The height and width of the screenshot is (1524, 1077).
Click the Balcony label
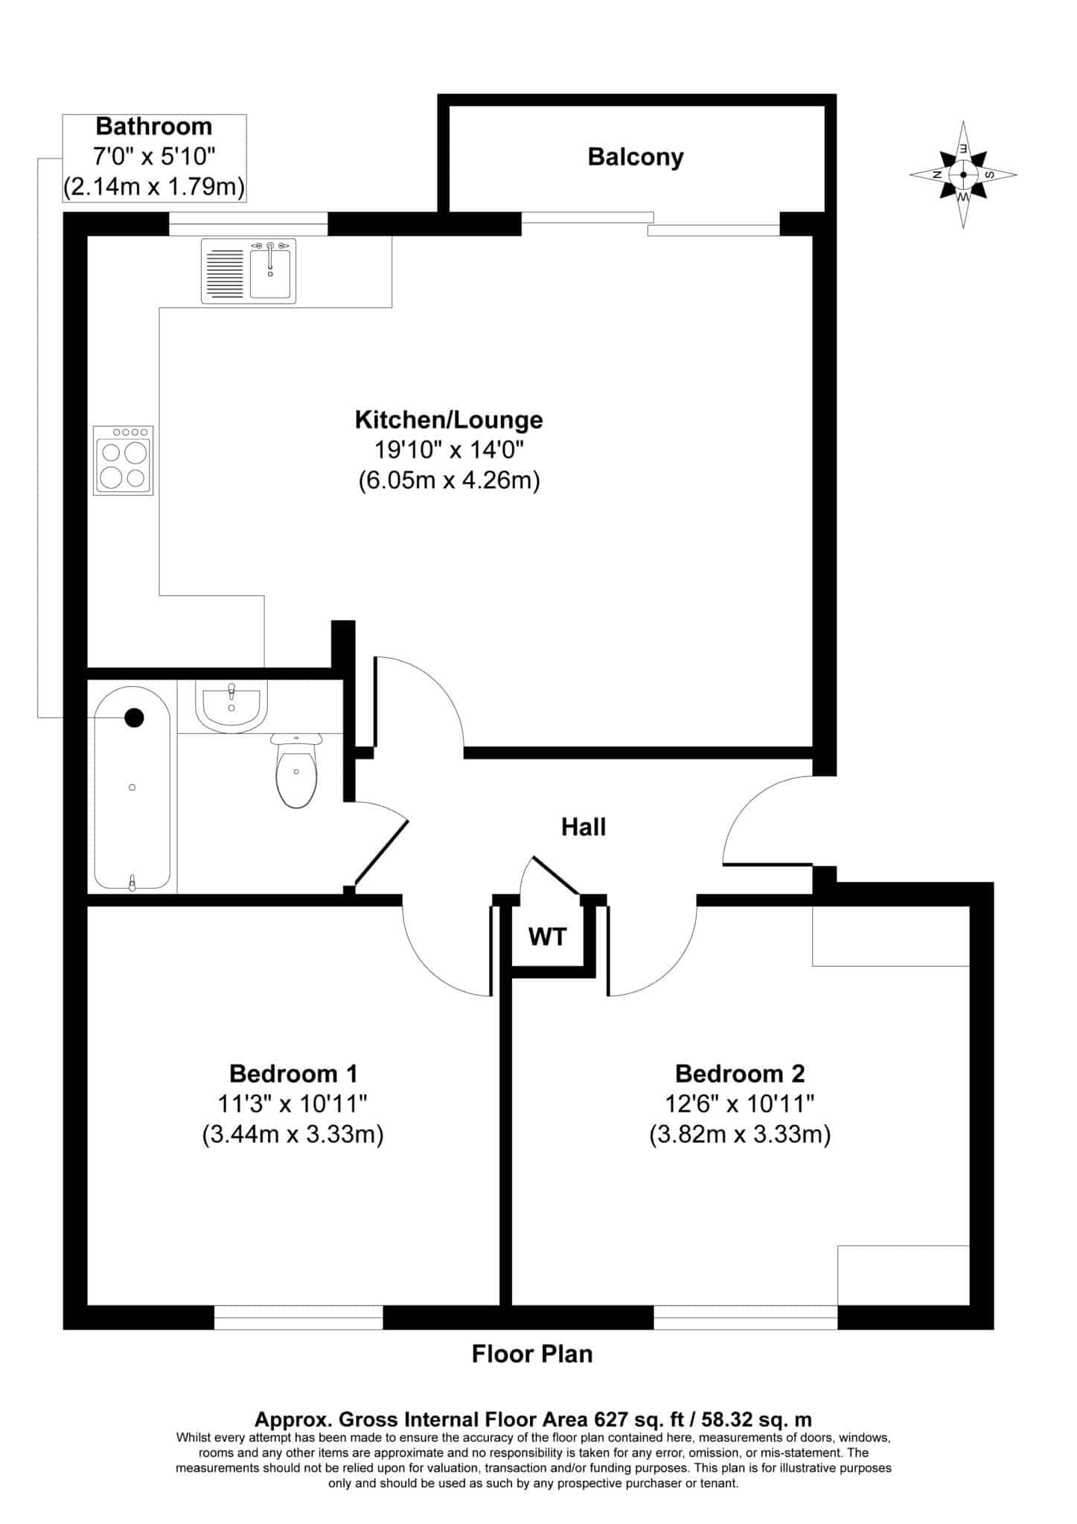635,158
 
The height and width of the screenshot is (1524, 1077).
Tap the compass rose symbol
963,175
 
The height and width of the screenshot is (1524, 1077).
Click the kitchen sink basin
269,273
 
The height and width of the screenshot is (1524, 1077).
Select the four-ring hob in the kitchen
123,461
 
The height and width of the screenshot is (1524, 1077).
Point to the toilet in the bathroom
296,770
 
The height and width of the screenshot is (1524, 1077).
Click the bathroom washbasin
231,707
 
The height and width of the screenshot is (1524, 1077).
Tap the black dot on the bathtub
134,717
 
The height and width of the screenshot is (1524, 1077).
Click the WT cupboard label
548,936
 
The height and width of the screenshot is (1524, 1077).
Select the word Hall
584,827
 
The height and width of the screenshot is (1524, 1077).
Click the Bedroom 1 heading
293,1074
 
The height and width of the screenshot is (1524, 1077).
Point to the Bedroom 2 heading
740,1074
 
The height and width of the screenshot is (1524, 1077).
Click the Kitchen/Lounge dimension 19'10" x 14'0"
449,450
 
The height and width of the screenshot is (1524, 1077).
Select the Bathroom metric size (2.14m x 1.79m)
154,187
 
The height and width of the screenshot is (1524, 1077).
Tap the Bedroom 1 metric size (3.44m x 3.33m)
293,1135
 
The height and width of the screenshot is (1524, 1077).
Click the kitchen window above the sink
249,224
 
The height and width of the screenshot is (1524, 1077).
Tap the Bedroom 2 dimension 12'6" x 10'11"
740,1104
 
